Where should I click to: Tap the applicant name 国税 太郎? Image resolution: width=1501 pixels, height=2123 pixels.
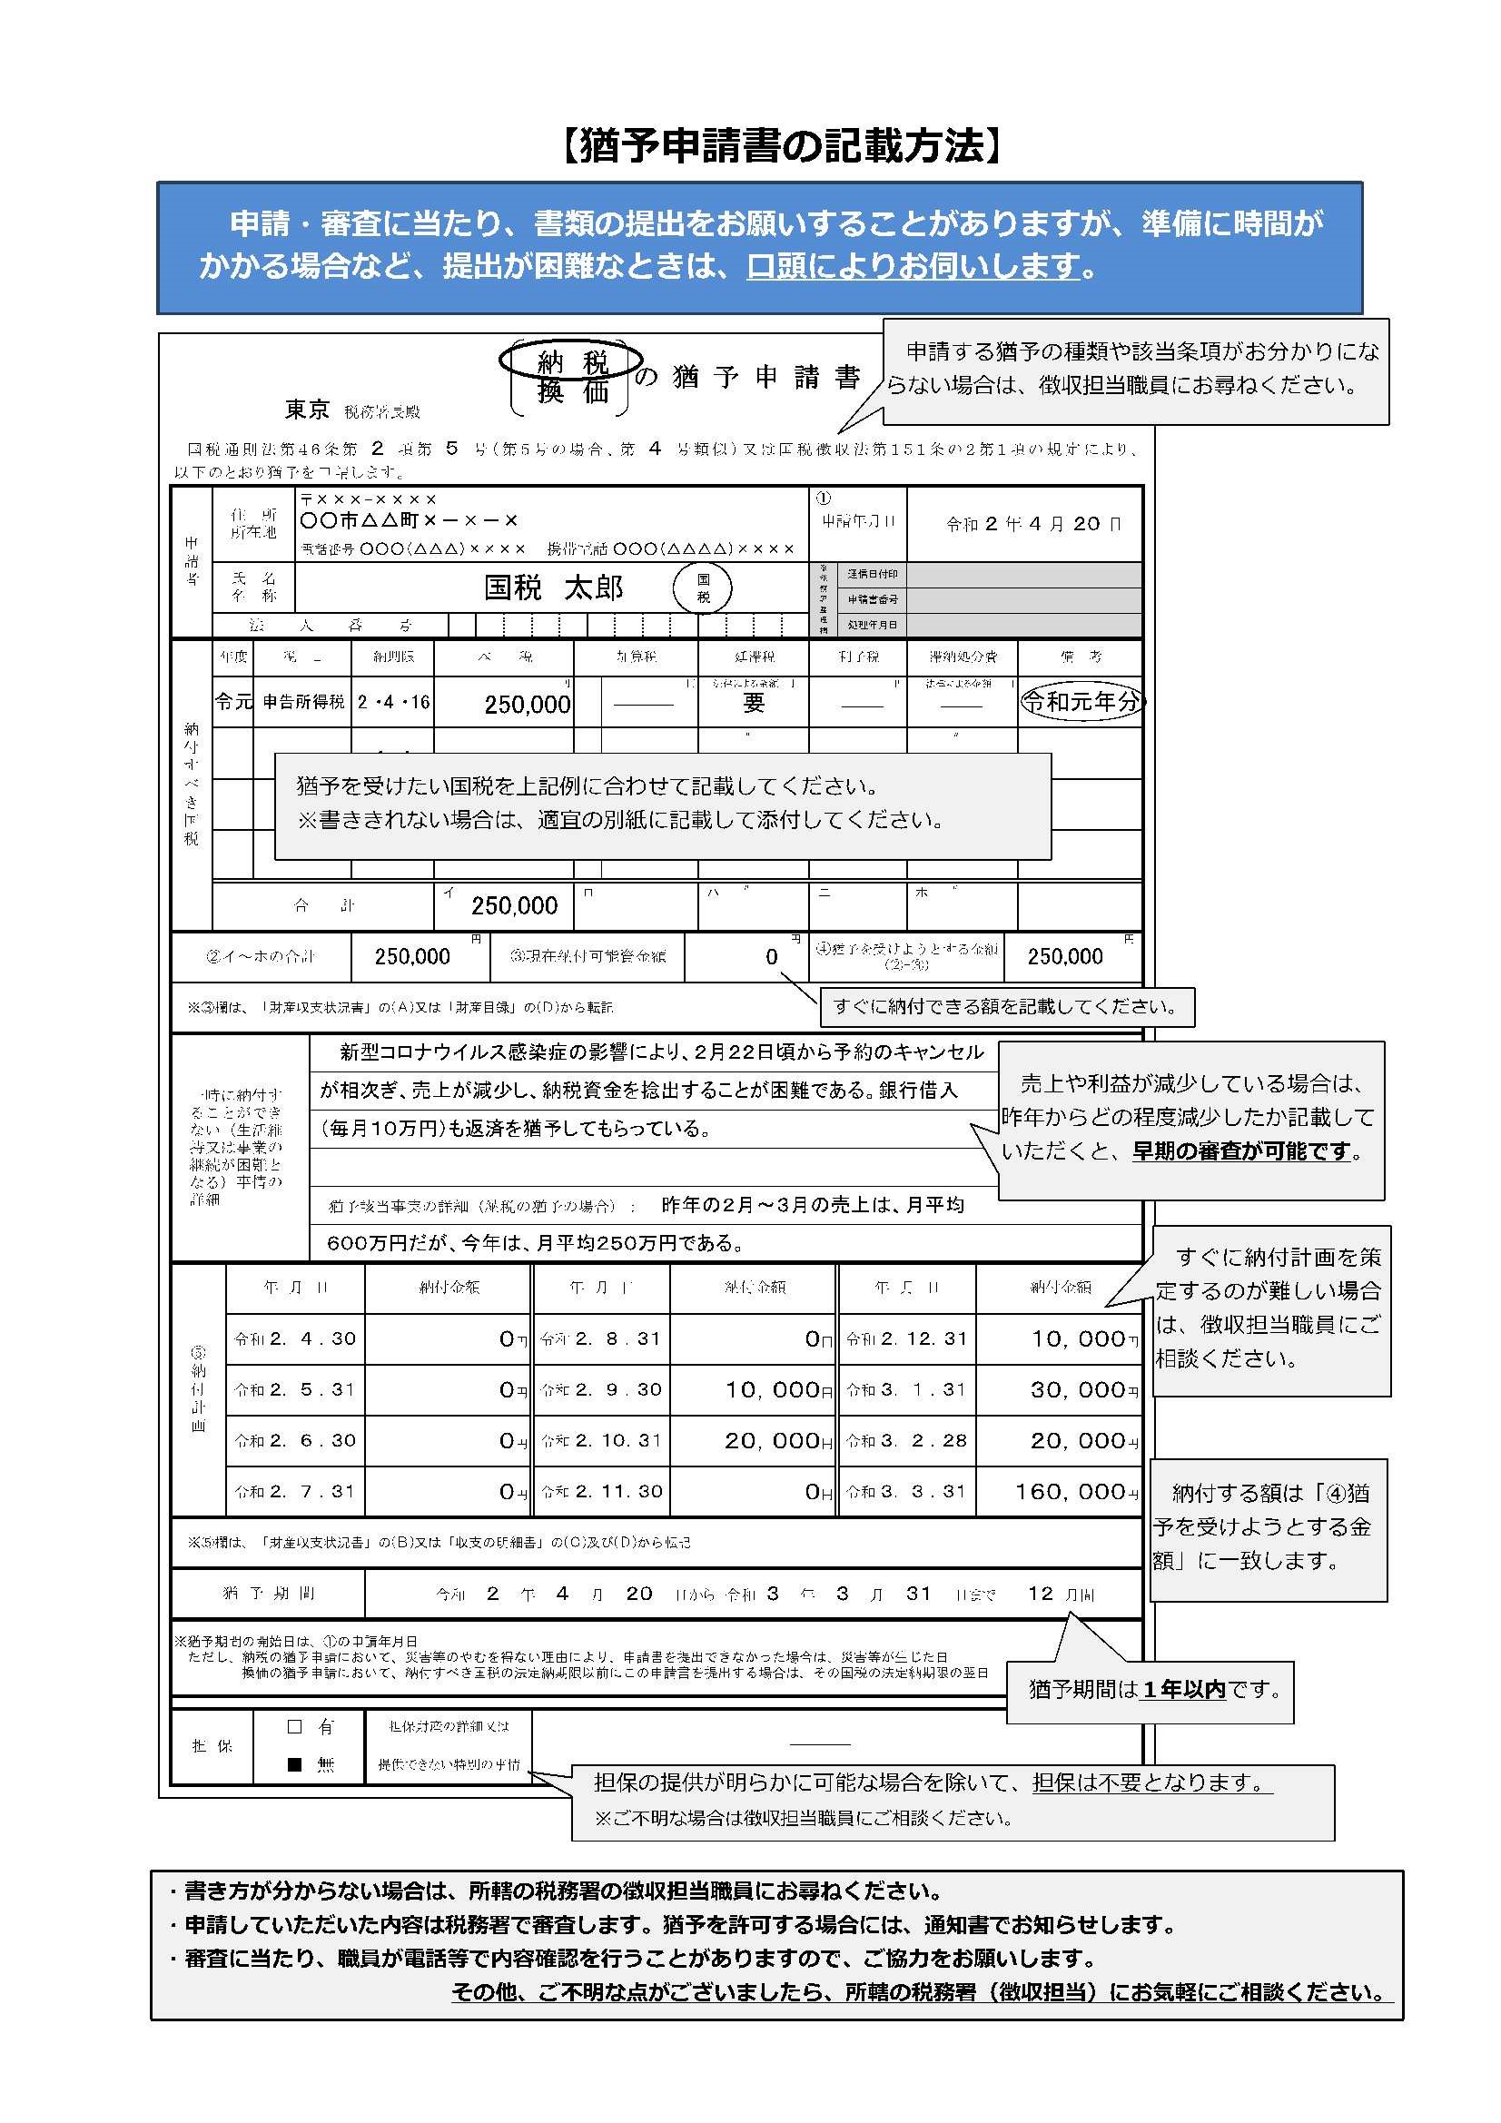point(554,588)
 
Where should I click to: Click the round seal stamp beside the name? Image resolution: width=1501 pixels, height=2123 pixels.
point(702,589)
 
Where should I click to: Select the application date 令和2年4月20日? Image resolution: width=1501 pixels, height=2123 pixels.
point(1033,524)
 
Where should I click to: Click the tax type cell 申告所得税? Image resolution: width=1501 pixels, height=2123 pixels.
point(303,703)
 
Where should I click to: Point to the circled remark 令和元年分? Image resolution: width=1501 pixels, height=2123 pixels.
point(1081,703)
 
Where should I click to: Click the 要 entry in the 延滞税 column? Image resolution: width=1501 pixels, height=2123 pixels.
point(754,704)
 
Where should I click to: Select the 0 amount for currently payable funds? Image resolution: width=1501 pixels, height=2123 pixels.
point(771,957)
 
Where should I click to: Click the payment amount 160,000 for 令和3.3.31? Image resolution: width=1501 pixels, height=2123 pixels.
point(1069,1492)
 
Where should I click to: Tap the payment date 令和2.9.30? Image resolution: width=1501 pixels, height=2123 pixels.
point(616,1389)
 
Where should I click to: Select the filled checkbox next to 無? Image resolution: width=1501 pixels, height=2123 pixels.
point(295,1764)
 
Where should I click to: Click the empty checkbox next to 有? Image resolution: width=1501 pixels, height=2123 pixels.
point(295,1726)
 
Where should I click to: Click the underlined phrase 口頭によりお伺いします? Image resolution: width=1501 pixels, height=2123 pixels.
point(913,267)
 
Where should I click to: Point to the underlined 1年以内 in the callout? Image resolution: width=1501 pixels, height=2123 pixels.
point(1184,1690)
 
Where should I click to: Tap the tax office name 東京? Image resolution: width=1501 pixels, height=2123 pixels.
point(307,410)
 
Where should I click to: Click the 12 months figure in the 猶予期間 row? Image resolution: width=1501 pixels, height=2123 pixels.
point(1041,1594)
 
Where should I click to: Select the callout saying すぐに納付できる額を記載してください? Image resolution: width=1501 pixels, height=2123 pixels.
point(1006,1007)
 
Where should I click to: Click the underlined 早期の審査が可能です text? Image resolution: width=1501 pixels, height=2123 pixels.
point(1241,1151)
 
